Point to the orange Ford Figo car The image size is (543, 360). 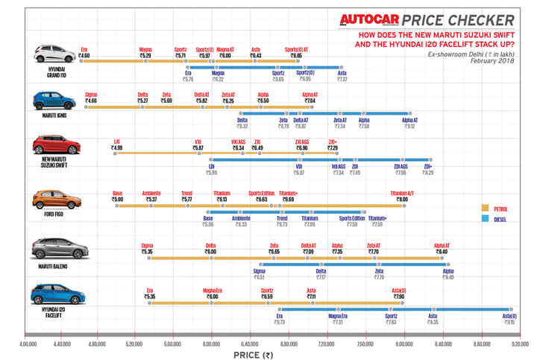coord(54,199)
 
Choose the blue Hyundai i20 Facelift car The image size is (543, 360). coord(54,294)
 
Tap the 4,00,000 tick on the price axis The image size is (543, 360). coord(28,344)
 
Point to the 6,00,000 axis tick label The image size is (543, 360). coord(212,344)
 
